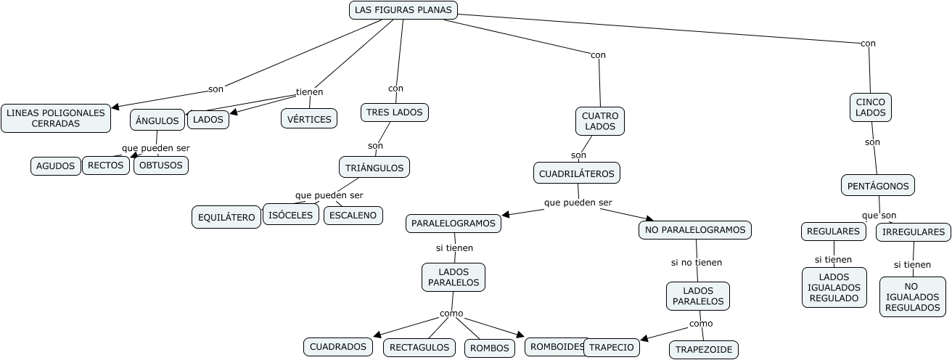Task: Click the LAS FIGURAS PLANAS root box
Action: [403, 9]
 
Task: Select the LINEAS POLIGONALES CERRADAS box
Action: [56, 118]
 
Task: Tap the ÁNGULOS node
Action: [157, 120]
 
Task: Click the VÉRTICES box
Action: [309, 119]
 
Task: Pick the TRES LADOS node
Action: [395, 112]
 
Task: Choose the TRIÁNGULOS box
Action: [374, 167]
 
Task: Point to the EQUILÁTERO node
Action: [226, 217]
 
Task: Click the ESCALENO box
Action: [353, 215]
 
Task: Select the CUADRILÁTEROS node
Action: [578, 173]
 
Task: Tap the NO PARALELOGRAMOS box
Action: [694, 229]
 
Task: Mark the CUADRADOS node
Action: [338, 347]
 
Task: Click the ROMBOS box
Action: [490, 348]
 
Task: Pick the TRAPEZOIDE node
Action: [704, 349]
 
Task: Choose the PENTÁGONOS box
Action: [878, 186]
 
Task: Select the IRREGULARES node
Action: [913, 232]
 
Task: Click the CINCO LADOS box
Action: [870, 107]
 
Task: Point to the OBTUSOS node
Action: [161, 165]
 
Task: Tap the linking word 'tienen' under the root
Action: [309, 91]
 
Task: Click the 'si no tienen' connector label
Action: [696, 262]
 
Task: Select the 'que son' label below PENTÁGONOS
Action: [879, 216]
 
